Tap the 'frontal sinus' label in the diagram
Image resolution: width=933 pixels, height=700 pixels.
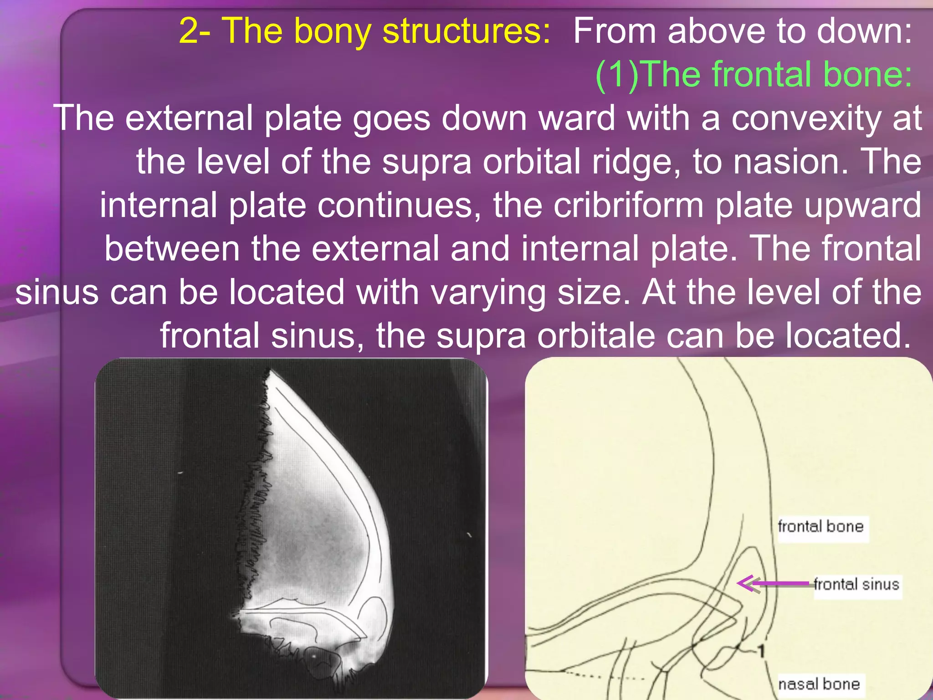click(856, 584)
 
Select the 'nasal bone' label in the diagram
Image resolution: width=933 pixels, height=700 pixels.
click(819, 684)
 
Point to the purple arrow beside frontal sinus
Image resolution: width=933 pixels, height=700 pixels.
click(774, 583)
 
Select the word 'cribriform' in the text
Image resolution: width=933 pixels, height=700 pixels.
click(629, 205)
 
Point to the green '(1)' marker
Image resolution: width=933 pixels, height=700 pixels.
click(617, 74)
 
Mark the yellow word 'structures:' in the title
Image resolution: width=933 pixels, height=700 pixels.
click(467, 31)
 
